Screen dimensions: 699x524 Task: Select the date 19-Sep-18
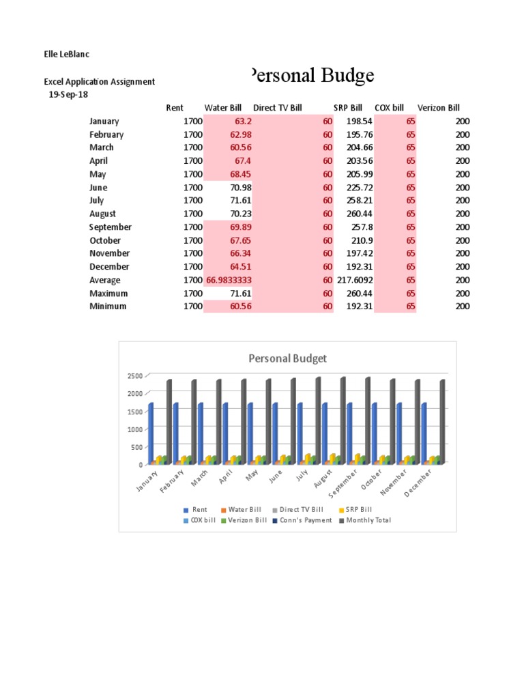(x=69, y=94)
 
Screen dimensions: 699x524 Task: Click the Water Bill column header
(x=223, y=108)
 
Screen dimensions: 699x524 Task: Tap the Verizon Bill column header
(x=438, y=108)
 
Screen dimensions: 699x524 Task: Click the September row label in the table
(x=110, y=227)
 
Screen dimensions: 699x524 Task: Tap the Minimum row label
(x=108, y=306)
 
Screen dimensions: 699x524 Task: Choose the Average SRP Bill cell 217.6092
(x=355, y=280)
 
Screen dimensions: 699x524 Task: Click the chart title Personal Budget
(x=287, y=358)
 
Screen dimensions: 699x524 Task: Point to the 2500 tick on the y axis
(x=134, y=376)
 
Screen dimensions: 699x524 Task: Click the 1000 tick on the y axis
(x=134, y=429)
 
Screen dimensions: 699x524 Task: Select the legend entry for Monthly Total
(x=368, y=520)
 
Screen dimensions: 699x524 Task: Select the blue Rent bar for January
(x=151, y=433)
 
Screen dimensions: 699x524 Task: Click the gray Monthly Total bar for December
(x=442, y=422)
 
